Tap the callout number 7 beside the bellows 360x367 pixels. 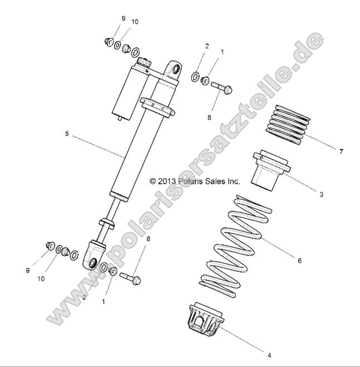coord(340,151)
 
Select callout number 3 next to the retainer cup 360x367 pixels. coord(322,194)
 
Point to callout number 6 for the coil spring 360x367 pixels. coord(299,260)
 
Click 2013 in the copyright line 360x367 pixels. coord(167,181)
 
